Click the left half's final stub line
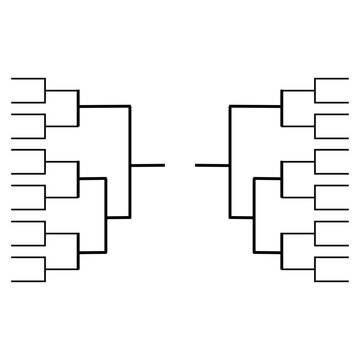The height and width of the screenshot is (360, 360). tap(148, 163)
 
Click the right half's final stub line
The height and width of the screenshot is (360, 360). tap(212, 163)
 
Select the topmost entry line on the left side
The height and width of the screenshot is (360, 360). tap(27, 78)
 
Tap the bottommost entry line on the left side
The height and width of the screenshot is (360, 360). tap(27, 279)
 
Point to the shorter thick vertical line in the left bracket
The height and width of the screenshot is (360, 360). tap(105, 215)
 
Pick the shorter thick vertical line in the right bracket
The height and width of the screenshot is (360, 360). tap(255, 215)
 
